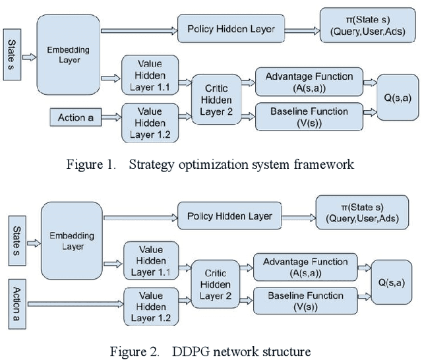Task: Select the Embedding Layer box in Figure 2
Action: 72,242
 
